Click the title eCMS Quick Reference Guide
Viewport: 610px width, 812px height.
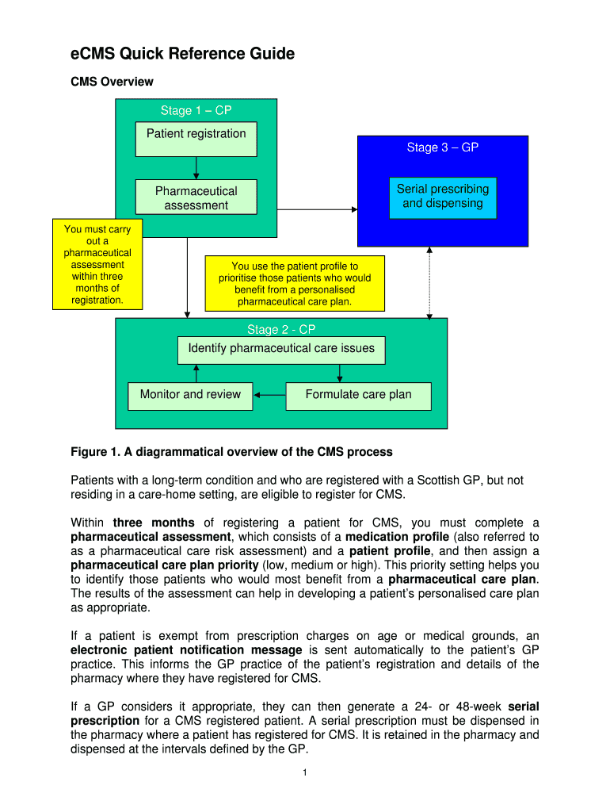coord(182,54)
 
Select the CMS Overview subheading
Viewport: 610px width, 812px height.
coord(112,82)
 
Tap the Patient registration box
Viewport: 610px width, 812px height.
coord(196,134)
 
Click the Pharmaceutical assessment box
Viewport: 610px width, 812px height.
coord(196,198)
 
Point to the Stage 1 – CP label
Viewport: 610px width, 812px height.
coord(196,111)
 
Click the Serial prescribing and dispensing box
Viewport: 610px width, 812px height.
coord(442,197)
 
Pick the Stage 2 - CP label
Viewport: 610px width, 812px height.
coord(281,330)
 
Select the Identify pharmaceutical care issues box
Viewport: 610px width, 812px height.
coord(281,349)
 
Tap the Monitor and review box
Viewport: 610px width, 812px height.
coord(190,395)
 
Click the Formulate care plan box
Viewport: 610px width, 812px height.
coord(358,395)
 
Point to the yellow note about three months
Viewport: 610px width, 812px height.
coord(97,265)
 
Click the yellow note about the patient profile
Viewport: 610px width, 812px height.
coord(295,284)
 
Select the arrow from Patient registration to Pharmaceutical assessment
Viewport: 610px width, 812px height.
coord(196,167)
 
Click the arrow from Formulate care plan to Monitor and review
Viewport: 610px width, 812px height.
coord(269,395)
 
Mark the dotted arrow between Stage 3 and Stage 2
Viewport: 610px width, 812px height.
coord(429,282)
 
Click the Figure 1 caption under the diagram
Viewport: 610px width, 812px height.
coord(231,452)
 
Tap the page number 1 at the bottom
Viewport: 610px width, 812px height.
coord(305,774)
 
